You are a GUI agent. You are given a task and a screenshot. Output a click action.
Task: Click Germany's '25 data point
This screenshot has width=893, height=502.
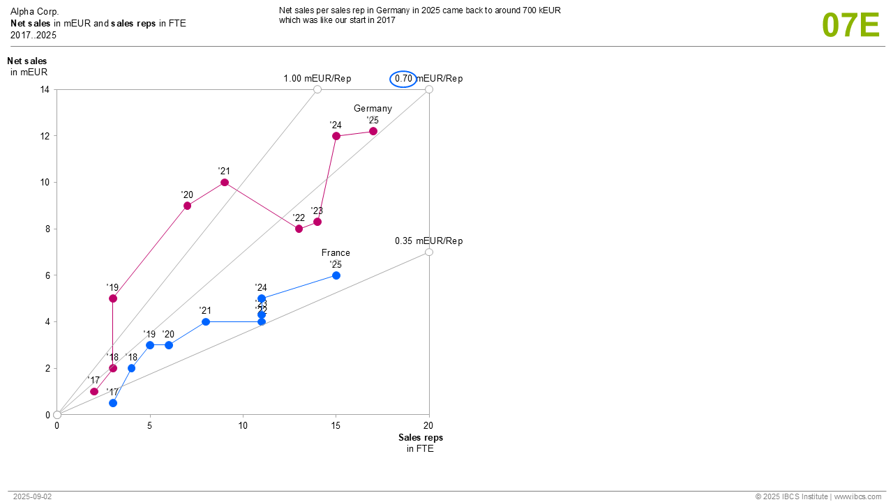click(373, 131)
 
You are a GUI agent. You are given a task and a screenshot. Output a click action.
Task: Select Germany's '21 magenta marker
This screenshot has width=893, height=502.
click(225, 183)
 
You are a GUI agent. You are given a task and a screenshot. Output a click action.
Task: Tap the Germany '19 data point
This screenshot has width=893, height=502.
click(113, 298)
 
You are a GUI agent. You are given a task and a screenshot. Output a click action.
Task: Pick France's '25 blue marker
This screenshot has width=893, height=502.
click(336, 275)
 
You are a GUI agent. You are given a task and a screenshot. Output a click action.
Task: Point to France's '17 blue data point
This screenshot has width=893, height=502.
click(113, 403)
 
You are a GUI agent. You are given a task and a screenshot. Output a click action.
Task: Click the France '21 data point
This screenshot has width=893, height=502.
click(206, 321)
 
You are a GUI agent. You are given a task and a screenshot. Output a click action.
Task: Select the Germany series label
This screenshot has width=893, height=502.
click(373, 109)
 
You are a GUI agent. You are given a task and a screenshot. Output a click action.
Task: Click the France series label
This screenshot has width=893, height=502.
click(336, 253)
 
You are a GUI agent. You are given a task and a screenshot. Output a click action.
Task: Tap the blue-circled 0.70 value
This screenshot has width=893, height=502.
click(403, 79)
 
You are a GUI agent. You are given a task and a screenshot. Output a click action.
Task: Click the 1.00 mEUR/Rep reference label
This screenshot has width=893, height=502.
click(317, 79)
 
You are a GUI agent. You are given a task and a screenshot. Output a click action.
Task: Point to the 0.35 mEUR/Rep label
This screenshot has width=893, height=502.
click(428, 241)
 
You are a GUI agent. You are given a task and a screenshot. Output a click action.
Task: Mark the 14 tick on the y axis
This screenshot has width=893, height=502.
click(45, 89)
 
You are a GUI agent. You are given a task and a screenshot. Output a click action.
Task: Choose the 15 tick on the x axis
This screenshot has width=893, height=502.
click(336, 425)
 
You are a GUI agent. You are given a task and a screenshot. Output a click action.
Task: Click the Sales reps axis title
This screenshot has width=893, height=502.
click(420, 438)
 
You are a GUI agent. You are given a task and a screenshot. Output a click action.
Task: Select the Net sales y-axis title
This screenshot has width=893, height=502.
click(27, 61)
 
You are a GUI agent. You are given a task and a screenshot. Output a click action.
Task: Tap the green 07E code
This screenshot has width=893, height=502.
click(850, 25)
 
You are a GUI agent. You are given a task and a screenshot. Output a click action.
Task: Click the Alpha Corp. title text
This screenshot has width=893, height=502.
click(35, 12)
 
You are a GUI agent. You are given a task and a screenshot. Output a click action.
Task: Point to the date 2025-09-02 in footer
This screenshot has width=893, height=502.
click(32, 496)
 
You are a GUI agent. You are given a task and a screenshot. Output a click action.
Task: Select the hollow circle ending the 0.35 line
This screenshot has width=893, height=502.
click(429, 252)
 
